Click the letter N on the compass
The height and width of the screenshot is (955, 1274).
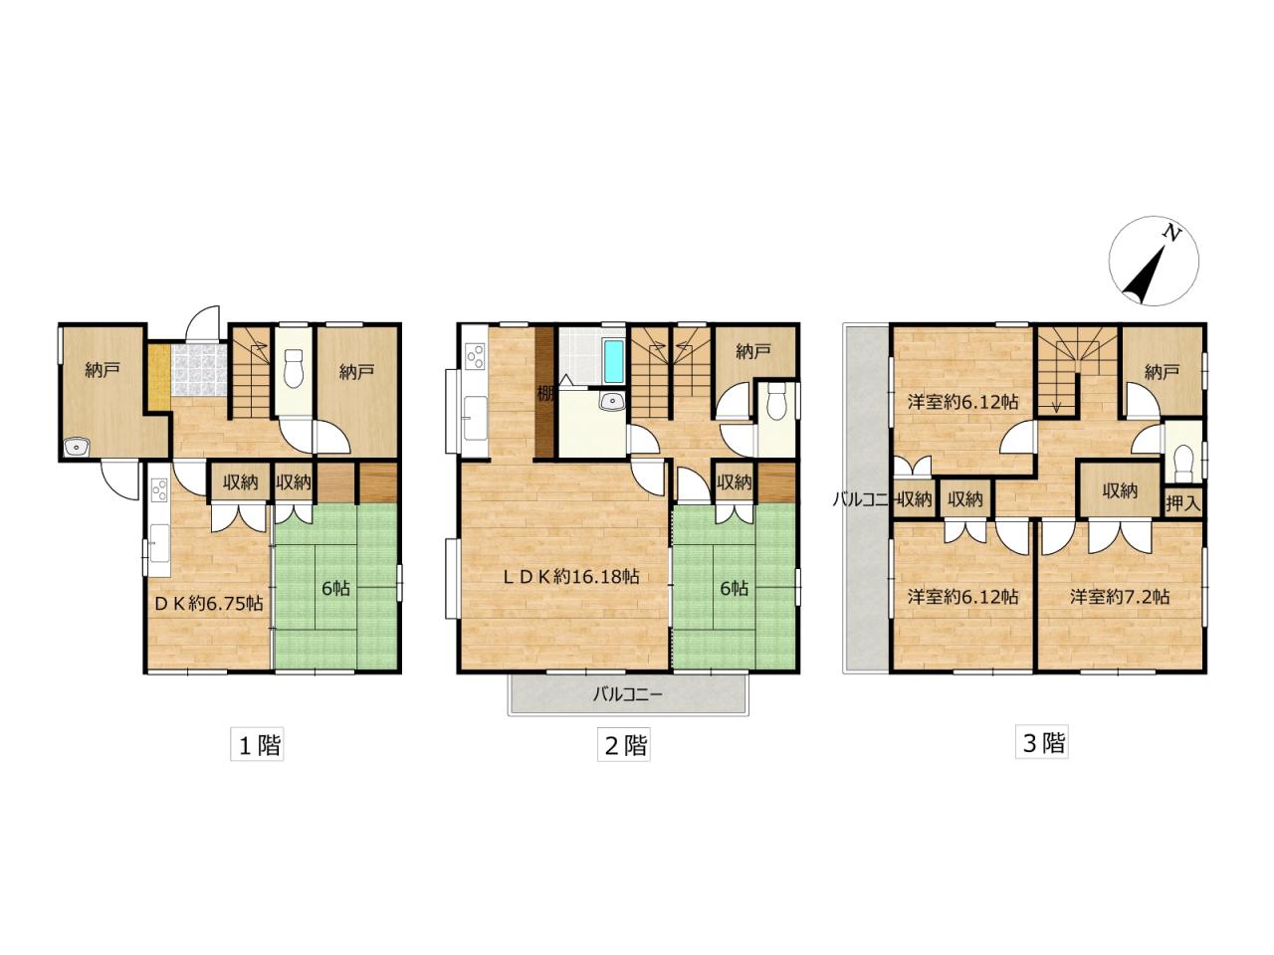[x=1173, y=234]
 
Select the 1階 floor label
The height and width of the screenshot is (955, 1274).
[x=259, y=744]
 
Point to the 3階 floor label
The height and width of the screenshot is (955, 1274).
[x=1042, y=742]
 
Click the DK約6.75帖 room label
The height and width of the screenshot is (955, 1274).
[x=207, y=603]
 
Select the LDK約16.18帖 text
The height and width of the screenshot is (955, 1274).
[x=569, y=576]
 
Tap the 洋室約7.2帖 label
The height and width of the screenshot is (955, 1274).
[x=1120, y=597]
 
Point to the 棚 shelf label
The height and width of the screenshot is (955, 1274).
[x=545, y=392]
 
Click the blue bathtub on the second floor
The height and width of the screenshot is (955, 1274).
[x=613, y=362]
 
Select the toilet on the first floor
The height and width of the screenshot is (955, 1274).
[x=294, y=372]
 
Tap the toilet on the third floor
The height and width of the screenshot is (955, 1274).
[x=1182, y=461]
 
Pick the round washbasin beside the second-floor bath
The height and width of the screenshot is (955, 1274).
[x=611, y=402]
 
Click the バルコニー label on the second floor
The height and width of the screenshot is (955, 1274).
[x=627, y=694]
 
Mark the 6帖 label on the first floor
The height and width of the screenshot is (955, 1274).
[x=335, y=588]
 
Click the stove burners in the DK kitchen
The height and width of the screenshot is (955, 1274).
[x=158, y=490]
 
